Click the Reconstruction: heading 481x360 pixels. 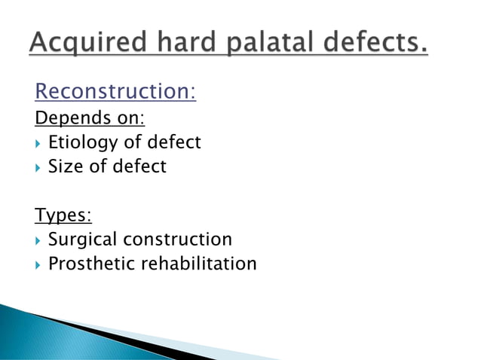pyautogui.click(x=115, y=92)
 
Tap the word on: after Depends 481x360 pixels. pyautogui.click(x=124, y=119)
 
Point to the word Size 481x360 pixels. pyautogui.click(x=65, y=166)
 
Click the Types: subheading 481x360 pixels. pyautogui.click(x=63, y=215)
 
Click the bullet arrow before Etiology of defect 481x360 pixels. pyautogui.click(x=38, y=143)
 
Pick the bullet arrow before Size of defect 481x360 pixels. pyautogui.click(x=38, y=167)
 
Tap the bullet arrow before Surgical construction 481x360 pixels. pyautogui.click(x=38, y=240)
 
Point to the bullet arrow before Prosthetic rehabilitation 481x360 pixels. pyautogui.click(x=38, y=264)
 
